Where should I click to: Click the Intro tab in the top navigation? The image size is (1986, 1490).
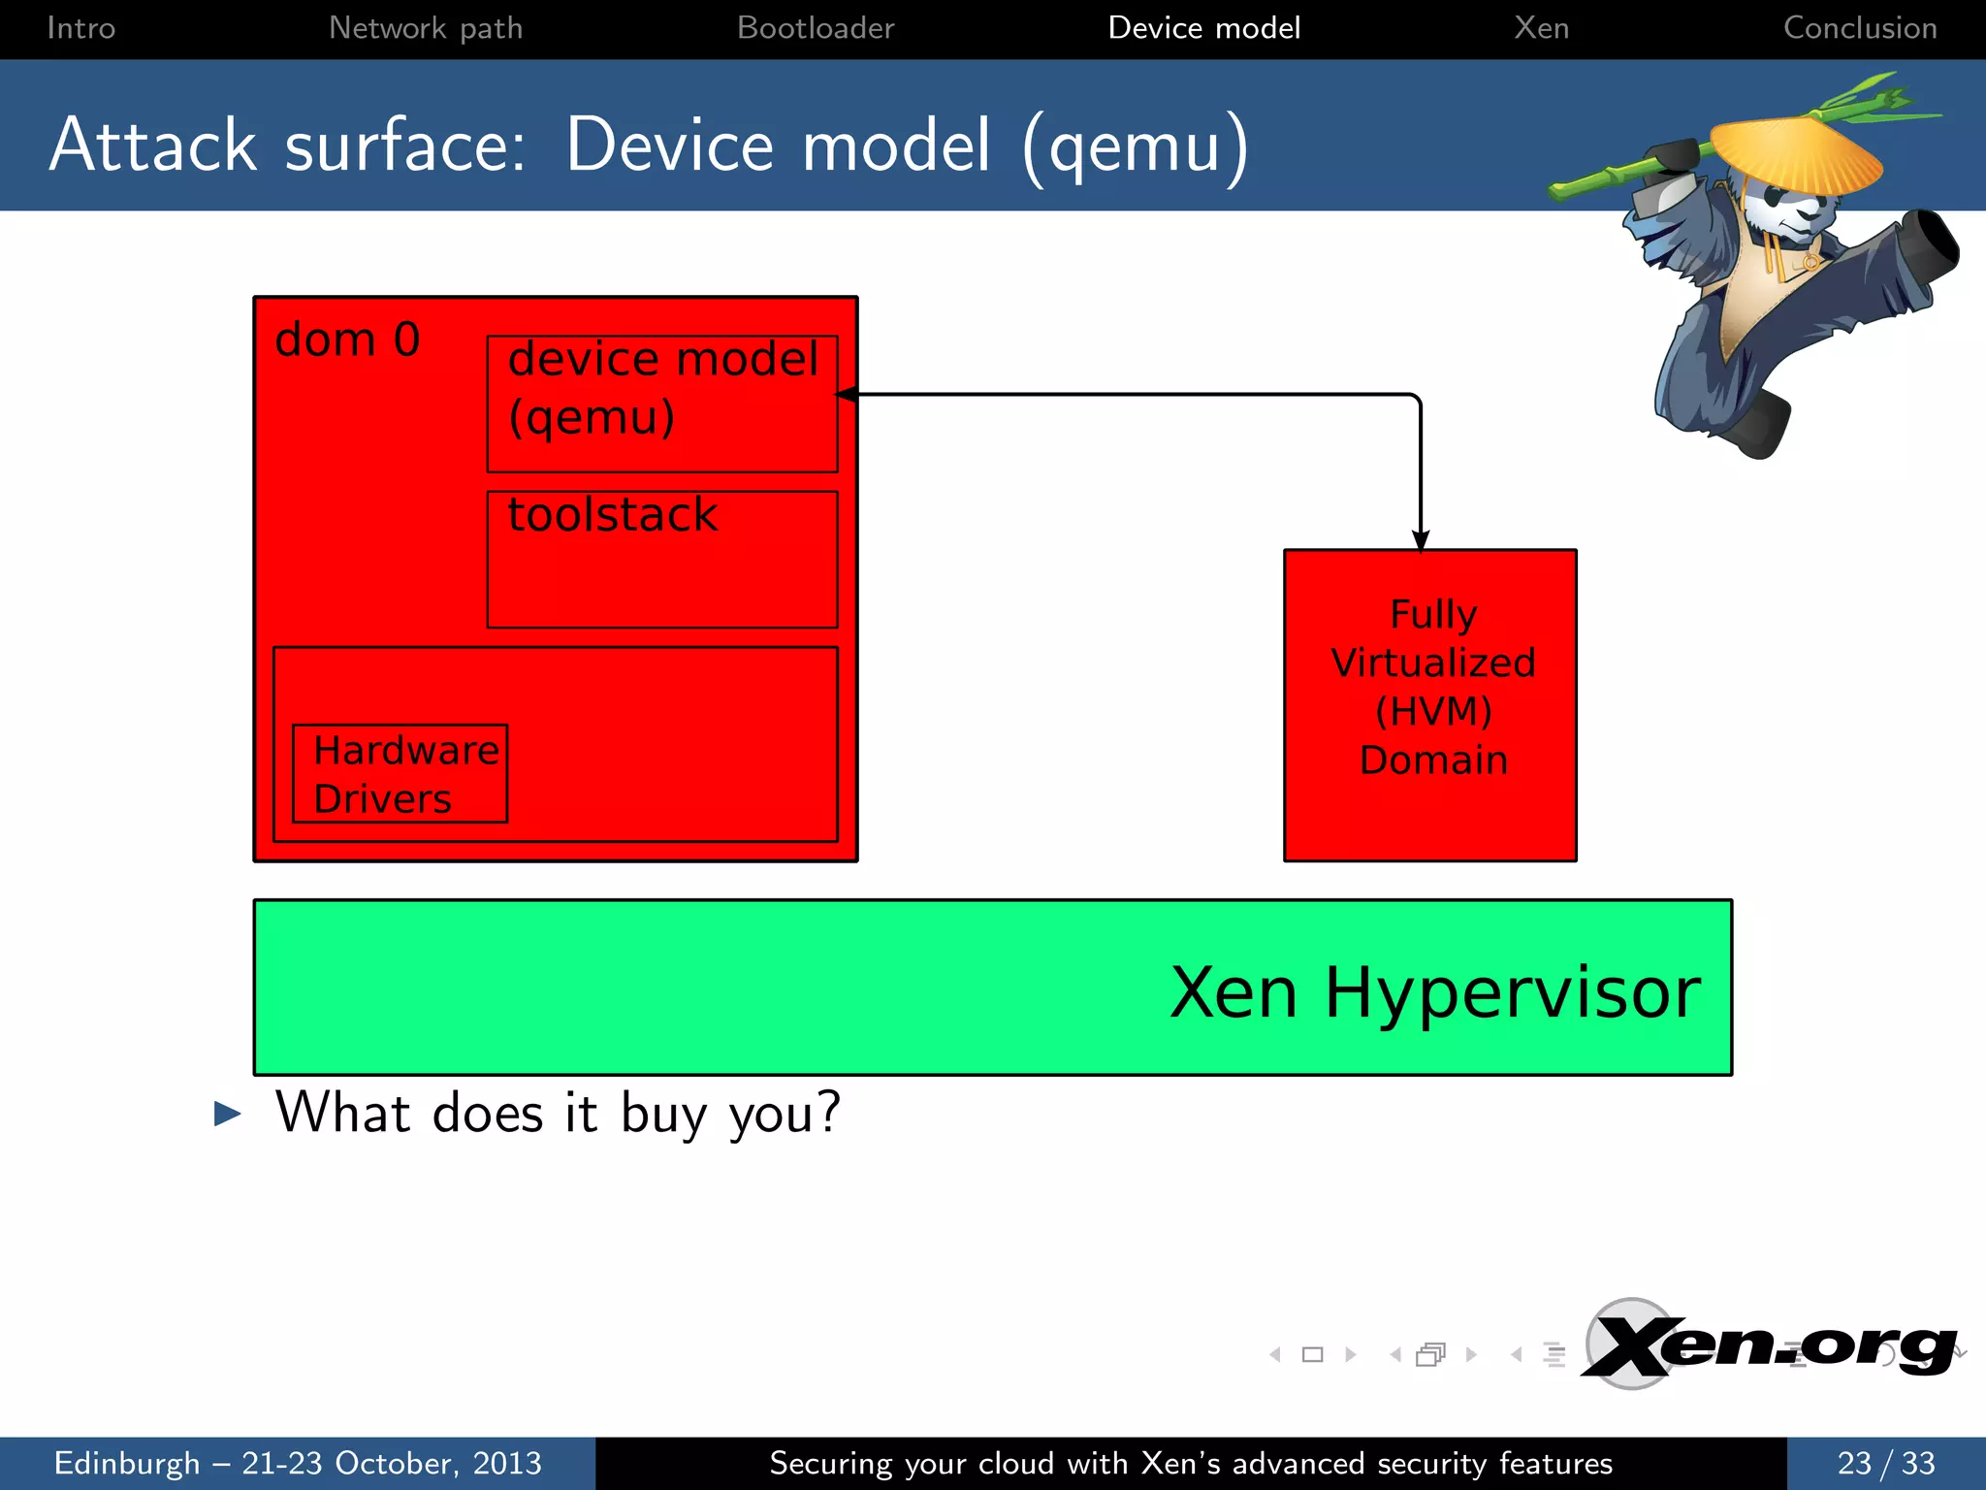(x=80, y=27)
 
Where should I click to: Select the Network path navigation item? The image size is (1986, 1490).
(x=425, y=27)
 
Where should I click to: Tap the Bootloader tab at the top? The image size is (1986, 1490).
(x=815, y=27)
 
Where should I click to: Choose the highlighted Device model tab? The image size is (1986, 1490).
(x=1203, y=27)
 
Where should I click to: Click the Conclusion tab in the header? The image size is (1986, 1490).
(x=1859, y=27)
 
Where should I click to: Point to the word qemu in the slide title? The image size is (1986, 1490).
(x=1135, y=147)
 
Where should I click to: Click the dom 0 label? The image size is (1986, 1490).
(x=347, y=340)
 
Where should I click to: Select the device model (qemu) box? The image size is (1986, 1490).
(x=662, y=403)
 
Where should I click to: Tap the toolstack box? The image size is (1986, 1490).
(x=662, y=559)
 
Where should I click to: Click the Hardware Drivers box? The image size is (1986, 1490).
(x=400, y=773)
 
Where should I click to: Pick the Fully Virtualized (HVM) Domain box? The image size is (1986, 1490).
(x=1430, y=705)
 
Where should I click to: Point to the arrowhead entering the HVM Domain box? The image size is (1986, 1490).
(x=1421, y=541)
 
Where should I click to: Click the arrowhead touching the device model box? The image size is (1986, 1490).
(x=847, y=395)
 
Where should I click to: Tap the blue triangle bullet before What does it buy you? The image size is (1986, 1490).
(x=227, y=1114)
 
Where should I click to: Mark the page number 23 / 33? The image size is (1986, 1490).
(x=1885, y=1463)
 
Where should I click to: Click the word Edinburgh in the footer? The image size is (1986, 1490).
(x=127, y=1463)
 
